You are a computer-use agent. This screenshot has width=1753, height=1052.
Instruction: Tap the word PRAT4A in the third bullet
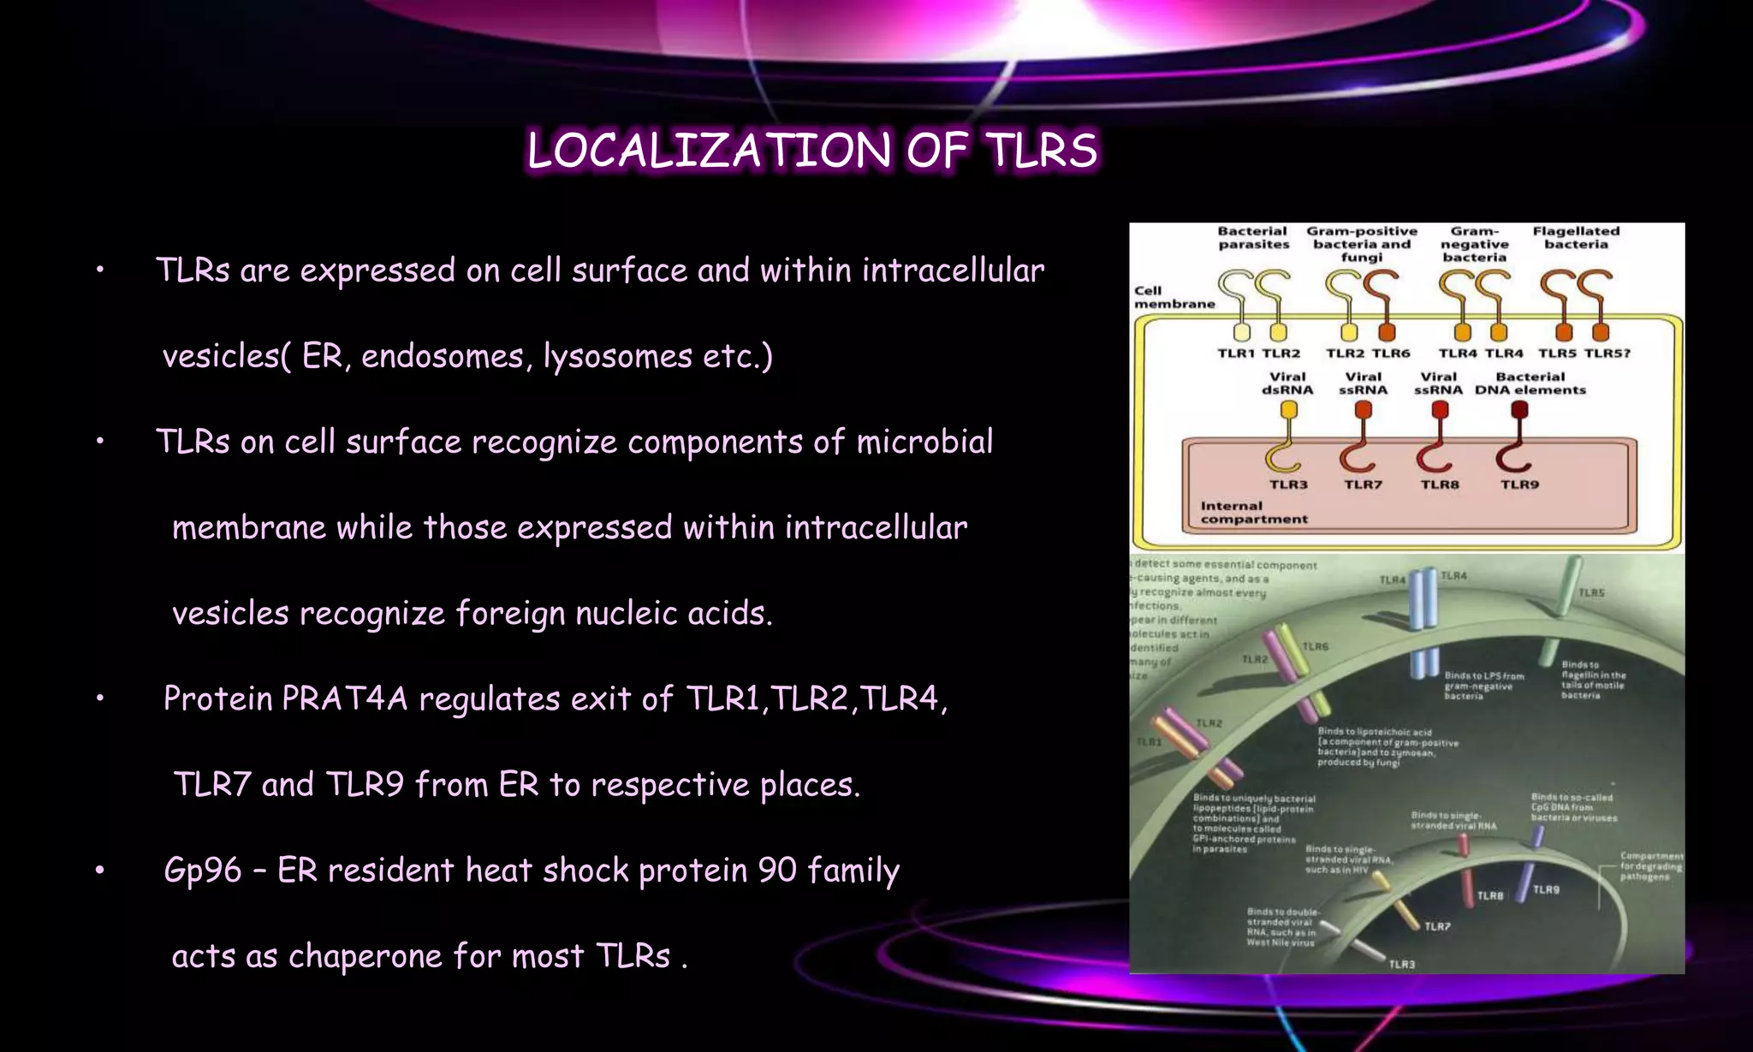[x=345, y=698]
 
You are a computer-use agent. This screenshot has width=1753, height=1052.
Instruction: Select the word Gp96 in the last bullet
[x=203, y=871]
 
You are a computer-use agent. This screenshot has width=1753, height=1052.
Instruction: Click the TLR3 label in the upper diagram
[x=1288, y=484]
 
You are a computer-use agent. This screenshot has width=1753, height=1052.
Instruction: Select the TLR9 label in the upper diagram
[x=1519, y=484]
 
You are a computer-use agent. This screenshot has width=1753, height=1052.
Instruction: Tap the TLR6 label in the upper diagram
[x=1391, y=353]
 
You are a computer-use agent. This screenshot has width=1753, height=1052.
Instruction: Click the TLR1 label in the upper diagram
[x=1235, y=353]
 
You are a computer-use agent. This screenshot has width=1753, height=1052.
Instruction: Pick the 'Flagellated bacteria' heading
[x=1576, y=238]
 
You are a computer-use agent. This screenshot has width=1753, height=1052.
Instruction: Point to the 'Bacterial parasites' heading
[x=1253, y=238]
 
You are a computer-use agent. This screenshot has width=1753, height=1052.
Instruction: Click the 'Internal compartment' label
[x=1253, y=512]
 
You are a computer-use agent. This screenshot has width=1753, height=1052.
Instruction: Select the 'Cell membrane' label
[x=1174, y=297]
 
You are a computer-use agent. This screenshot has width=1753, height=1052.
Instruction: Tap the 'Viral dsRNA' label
[x=1287, y=383]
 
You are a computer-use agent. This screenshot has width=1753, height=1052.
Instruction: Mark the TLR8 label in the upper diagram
[x=1440, y=484]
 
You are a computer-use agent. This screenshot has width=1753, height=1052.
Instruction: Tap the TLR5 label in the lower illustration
[x=1591, y=592]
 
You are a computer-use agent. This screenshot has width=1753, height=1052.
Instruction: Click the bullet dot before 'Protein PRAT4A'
[x=100, y=699]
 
